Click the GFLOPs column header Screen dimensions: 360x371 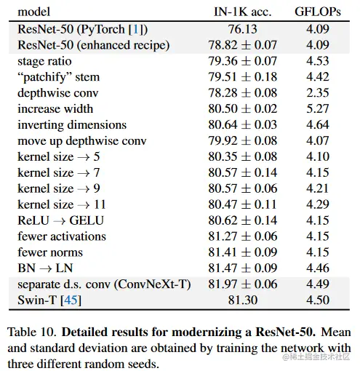pyautogui.click(x=318, y=12)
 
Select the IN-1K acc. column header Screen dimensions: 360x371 pyautogui.click(x=242, y=12)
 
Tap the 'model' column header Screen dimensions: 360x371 pyautogui.click(x=34, y=12)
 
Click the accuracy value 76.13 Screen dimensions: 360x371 pyautogui.click(x=242, y=29)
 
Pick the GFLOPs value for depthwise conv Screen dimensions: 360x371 pyautogui.click(x=318, y=93)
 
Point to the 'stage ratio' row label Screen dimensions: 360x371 pyautogui.click(x=44, y=61)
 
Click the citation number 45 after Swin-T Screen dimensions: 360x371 pyautogui.click(x=71, y=300)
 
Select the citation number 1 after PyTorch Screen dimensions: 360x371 pyautogui.click(x=136, y=29)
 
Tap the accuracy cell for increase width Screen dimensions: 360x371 pyautogui.click(x=242, y=109)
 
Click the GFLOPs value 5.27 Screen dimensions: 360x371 pyautogui.click(x=318, y=109)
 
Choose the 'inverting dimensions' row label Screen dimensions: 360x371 pyautogui.click(x=72, y=125)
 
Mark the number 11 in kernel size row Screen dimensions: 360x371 pyautogui.click(x=100, y=204)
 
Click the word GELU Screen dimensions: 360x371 pyautogui.click(x=87, y=220)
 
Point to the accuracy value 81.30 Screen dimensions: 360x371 pyautogui.click(x=242, y=300)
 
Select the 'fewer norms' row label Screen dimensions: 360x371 pyautogui.click(x=50, y=252)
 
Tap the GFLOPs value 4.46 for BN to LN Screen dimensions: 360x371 pyautogui.click(x=318, y=268)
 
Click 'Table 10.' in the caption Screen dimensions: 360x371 pyautogui.click(x=32, y=332)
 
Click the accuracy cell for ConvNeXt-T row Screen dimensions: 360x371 pyautogui.click(x=242, y=284)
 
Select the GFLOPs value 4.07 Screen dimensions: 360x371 pyautogui.click(x=318, y=140)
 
